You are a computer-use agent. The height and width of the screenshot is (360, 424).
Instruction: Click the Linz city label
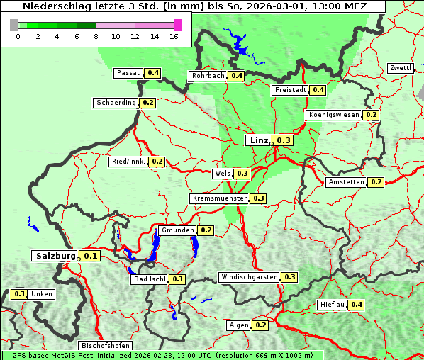(x=258, y=140)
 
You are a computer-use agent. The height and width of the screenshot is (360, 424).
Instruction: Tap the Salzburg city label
(x=55, y=256)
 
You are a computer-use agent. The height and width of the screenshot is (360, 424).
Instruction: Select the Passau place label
(x=129, y=73)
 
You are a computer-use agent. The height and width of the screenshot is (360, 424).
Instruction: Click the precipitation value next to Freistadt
(x=318, y=90)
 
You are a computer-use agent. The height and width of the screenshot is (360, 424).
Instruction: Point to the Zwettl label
(x=401, y=68)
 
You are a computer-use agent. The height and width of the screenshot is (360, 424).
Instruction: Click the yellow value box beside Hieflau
(x=357, y=305)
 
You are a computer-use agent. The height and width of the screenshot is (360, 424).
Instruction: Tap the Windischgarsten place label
(x=250, y=277)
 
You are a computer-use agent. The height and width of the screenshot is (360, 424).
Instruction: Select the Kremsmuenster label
(x=219, y=198)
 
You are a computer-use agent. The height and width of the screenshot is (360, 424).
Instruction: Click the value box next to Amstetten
(x=376, y=182)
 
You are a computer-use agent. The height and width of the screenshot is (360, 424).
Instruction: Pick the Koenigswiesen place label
(x=334, y=115)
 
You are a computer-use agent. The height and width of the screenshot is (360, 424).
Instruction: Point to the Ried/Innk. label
(x=128, y=162)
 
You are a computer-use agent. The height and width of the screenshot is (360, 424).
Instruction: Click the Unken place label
(x=42, y=294)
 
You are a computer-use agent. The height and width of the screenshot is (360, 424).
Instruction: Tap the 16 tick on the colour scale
(x=174, y=36)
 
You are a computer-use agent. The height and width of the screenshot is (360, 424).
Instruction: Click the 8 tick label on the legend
(x=96, y=36)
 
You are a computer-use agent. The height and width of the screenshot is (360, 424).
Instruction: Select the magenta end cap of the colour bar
(x=177, y=25)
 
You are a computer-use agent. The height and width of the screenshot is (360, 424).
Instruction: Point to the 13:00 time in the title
(x=330, y=6)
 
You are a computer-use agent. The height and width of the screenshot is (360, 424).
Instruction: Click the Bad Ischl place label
(x=149, y=279)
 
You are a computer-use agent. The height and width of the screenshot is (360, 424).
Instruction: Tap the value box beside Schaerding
(x=147, y=103)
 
